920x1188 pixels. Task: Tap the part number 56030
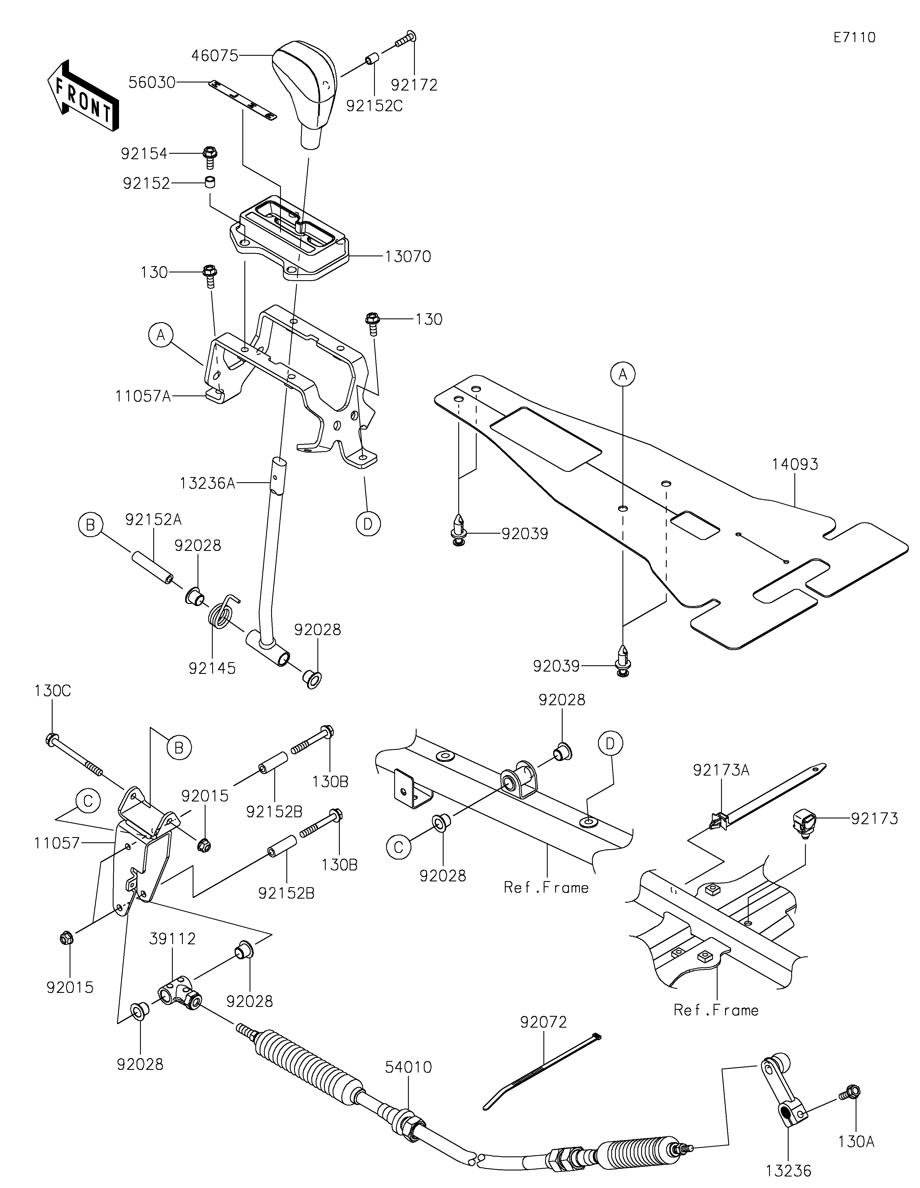click(152, 83)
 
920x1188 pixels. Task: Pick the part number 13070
click(407, 256)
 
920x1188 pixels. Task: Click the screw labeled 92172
click(405, 39)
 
